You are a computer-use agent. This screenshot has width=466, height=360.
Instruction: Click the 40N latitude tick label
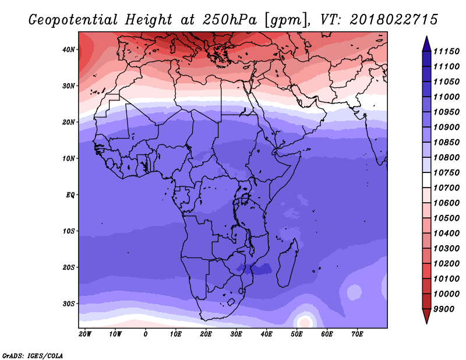(68, 50)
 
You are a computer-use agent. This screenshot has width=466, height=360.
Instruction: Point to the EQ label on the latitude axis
(69, 195)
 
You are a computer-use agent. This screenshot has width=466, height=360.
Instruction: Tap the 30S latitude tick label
(68, 303)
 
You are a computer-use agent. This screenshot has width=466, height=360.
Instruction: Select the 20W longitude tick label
(84, 334)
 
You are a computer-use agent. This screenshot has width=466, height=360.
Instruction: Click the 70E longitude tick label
(357, 334)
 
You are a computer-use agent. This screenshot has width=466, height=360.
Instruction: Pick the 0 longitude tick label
(145, 334)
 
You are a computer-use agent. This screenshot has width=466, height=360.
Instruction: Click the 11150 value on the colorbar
(448, 52)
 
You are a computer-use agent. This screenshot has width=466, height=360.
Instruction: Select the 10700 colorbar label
(448, 188)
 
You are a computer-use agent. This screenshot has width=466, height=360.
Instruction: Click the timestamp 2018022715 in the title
(394, 19)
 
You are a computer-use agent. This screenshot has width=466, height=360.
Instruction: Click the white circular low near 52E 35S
(304, 321)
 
